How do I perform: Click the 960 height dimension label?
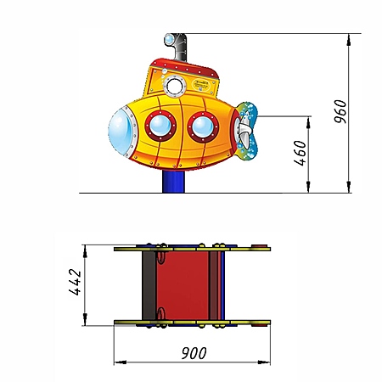pos(340,111)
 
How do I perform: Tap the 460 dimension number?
pos(301,153)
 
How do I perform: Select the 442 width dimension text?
pos(75,282)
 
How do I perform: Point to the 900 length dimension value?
pos(194,353)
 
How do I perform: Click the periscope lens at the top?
pos(169,39)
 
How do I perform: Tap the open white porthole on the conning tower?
pos(175,86)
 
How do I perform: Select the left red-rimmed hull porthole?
pos(160,126)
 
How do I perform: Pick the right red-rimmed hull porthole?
pos(203,127)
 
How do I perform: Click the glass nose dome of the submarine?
pos(121,132)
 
